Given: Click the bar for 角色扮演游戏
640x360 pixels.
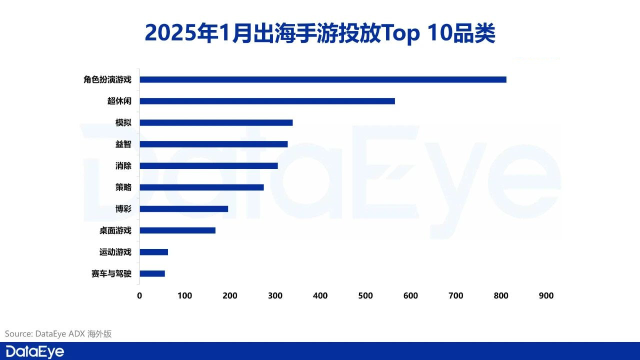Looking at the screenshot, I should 322,79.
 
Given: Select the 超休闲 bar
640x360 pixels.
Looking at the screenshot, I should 267,101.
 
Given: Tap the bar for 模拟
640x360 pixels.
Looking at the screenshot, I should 216,122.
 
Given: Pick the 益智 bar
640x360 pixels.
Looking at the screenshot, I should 213,144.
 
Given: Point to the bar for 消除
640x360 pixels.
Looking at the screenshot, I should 208,165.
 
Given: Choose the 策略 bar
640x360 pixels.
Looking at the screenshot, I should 201,187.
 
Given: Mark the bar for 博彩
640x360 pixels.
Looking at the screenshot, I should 183,209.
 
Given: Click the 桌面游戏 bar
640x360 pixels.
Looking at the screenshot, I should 177,230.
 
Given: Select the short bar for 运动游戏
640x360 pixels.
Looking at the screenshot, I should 153,252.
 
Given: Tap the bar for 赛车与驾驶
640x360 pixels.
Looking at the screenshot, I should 152,273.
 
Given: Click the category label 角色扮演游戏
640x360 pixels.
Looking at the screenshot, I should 107,79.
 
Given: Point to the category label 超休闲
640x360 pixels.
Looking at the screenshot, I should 119,101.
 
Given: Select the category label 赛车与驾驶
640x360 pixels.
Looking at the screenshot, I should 111,273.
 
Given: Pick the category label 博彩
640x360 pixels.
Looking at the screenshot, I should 123,209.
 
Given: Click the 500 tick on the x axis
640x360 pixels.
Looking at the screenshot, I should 365,296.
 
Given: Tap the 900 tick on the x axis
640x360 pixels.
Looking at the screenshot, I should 546,296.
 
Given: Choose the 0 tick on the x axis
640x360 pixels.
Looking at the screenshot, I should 139,296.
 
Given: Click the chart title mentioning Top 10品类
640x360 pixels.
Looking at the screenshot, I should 320,33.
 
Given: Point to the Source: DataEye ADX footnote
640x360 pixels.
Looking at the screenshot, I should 58,333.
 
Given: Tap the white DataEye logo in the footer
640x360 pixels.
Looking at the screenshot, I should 35,351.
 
